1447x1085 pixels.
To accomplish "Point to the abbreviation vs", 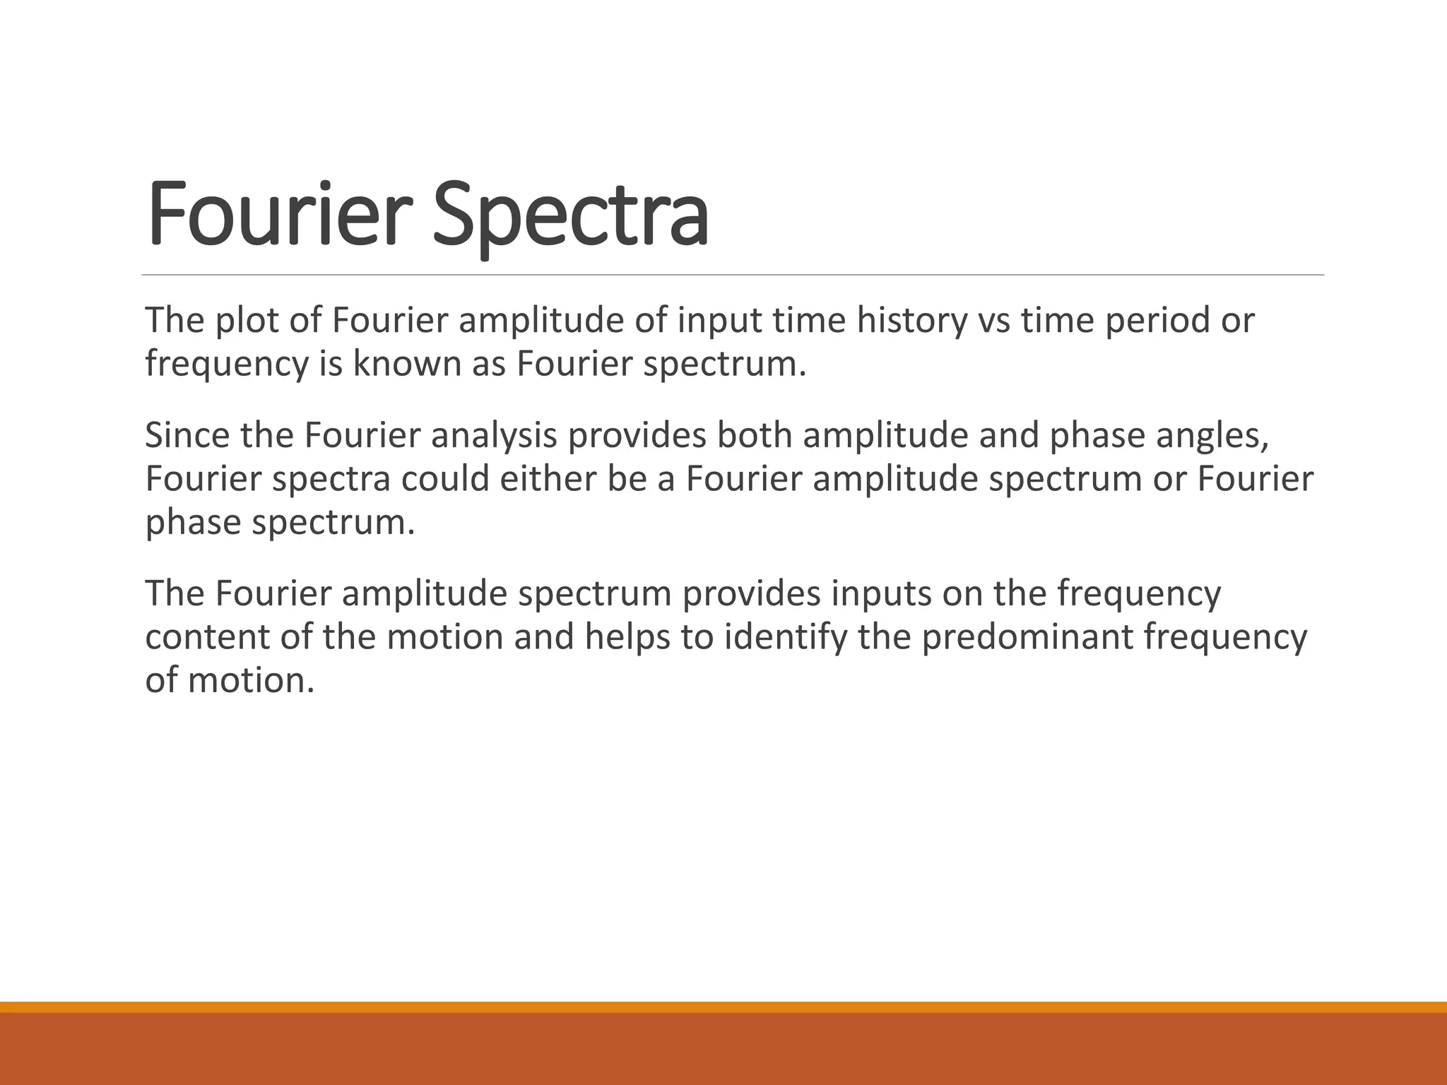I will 993,321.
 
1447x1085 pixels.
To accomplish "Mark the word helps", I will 627,637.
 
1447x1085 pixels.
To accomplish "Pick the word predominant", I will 1027,637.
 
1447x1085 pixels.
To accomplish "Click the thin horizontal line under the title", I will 733,275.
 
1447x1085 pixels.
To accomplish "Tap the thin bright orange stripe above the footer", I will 723,1007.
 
